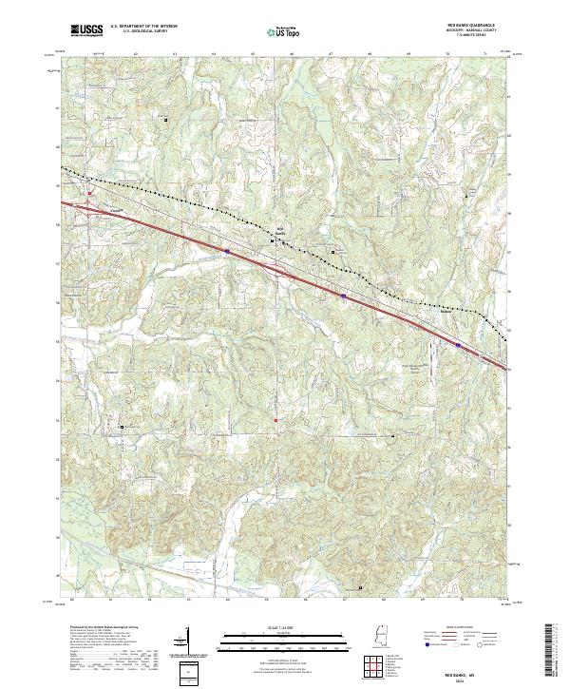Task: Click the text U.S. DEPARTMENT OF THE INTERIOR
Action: pyautogui.click(x=142, y=27)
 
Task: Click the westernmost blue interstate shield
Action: pyautogui.click(x=228, y=251)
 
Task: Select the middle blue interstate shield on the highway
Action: pyautogui.click(x=343, y=297)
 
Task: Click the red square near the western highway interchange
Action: pyautogui.click(x=88, y=194)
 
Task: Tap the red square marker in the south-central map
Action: pyautogui.click(x=276, y=419)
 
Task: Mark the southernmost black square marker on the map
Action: pyautogui.click(x=360, y=588)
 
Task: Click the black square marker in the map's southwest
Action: pyautogui.click(x=121, y=427)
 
